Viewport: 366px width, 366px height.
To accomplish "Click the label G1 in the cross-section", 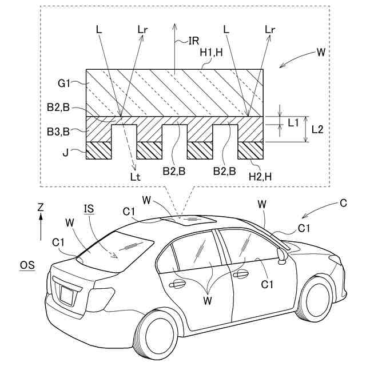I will [63, 83].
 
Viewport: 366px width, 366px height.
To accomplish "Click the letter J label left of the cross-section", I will [67, 152].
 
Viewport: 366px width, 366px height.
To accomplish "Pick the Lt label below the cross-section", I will [135, 177].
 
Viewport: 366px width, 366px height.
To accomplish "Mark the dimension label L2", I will [318, 129].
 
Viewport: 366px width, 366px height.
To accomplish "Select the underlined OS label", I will [27, 265].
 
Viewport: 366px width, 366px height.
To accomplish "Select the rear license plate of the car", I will [67, 295].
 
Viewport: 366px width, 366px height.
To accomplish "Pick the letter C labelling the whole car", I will [343, 202].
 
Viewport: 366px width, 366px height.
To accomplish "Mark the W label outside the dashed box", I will [320, 53].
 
